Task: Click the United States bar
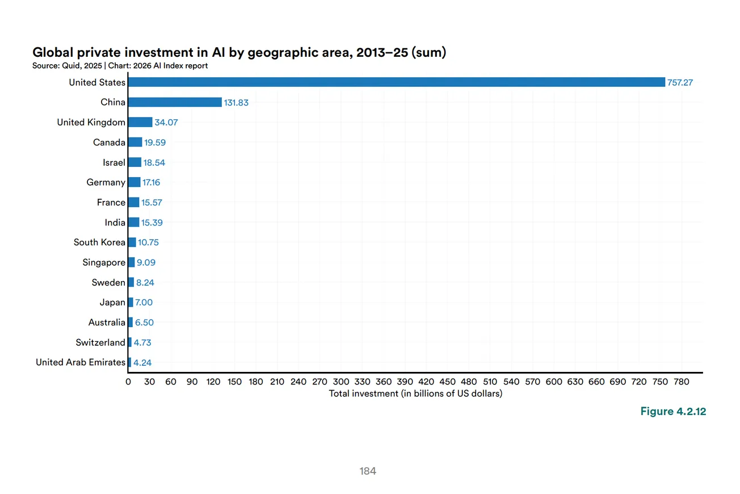coord(396,82)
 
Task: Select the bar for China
coord(175,102)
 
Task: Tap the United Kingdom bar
coord(140,122)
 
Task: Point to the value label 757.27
coord(680,83)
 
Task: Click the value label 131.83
coord(236,103)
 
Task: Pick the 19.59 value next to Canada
coord(155,143)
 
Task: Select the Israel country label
coord(114,162)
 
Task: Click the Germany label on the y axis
coord(106,182)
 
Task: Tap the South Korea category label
coord(99,242)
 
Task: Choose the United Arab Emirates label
coord(81,362)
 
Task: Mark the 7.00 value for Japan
coord(144,303)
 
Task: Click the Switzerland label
coord(100,342)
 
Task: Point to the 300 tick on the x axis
coord(341,382)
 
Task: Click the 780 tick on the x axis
coord(681,382)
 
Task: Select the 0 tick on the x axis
coord(128,382)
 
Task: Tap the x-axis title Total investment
coord(415,393)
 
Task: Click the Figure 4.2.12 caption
coord(673,412)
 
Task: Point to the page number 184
coord(368,471)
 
